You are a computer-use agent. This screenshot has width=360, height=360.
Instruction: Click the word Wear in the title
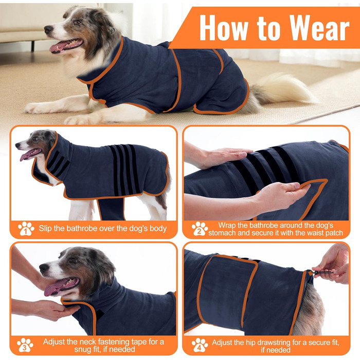(x=319, y=28)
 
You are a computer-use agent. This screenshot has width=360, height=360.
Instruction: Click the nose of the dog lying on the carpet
(x=48, y=30)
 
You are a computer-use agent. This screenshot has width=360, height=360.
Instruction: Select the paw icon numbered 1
(x=26, y=229)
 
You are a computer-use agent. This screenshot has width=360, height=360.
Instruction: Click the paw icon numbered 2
(x=200, y=229)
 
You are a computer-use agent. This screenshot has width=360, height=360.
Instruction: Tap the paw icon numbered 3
(x=25, y=345)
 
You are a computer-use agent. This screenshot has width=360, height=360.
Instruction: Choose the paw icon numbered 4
(x=200, y=345)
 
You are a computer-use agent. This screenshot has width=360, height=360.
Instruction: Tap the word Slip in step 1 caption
(x=45, y=228)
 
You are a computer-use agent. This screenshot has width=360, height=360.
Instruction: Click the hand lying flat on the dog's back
(x=225, y=156)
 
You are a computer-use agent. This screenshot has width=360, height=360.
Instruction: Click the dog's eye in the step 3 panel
(x=74, y=260)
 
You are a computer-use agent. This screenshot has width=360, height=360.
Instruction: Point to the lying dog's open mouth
(x=66, y=45)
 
